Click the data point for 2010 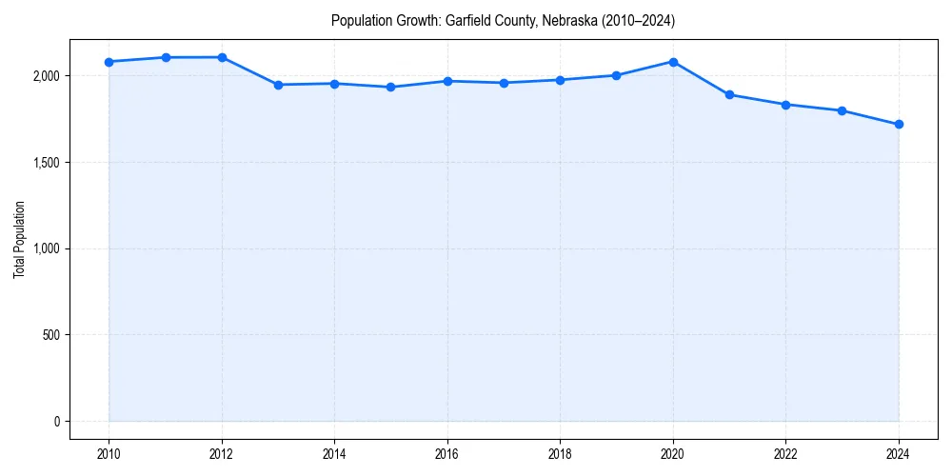pyautogui.click(x=109, y=62)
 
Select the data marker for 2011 pyautogui.click(x=166, y=57)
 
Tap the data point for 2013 pyautogui.click(x=278, y=85)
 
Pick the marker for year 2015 pyautogui.click(x=391, y=87)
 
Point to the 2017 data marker pyautogui.click(x=504, y=83)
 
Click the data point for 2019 pyautogui.click(x=617, y=75)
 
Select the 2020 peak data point pyautogui.click(x=673, y=62)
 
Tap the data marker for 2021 pyautogui.click(x=729, y=94)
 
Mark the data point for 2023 pyautogui.click(x=843, y=110)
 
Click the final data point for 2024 pyautogui.click(x=899, y=125)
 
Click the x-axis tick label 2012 pyautogui.click(x=222, y=454)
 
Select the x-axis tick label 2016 pyautogui.click(x=447, y=454)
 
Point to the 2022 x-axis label pyautogui.click(x=786, y=454)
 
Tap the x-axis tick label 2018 pyautogui.click(x=561, y=454)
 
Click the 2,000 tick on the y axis pyautogui.click(x=46, y=76)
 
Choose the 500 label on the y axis pyautogui.click(x=50, y=335)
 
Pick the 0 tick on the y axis pyautogui.click(x=57, y=422)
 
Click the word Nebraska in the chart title pyautogui.click(x=570, y=21)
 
